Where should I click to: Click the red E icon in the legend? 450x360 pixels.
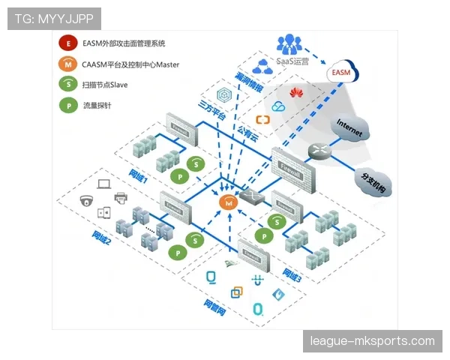tap(69, 44)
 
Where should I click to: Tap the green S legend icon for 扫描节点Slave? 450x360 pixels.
tap(69, 85)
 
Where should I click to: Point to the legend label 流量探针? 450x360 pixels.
tap(96, 106)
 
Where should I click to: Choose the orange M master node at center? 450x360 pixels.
tap(228, 202)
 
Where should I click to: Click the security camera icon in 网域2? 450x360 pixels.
tap(85, 200)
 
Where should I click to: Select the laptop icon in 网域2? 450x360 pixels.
tap(104, 182)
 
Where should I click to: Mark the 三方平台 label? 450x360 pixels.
tap(211, 106)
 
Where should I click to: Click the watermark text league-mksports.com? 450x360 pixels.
tap(372, 341)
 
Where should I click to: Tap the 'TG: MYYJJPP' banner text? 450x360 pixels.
tap(54, 19)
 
